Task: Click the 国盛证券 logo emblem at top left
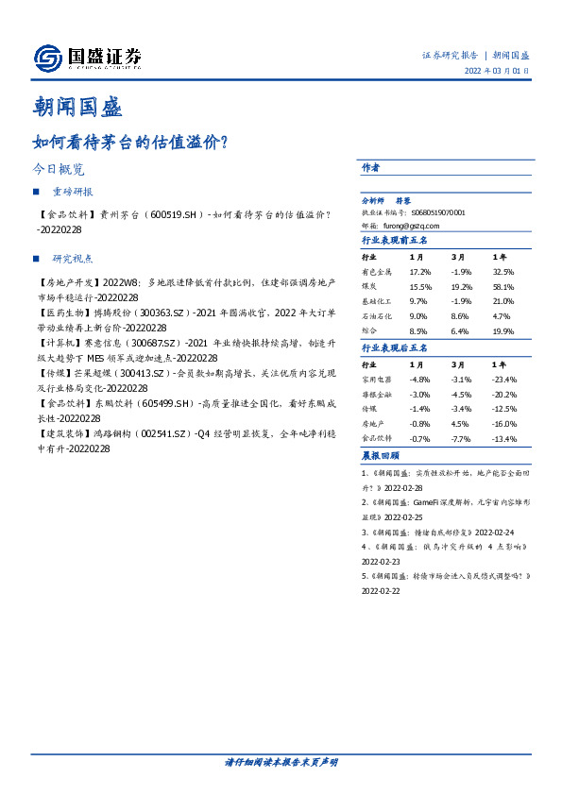(48, 59)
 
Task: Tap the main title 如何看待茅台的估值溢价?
(128, 143)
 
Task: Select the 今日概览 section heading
(59, 171)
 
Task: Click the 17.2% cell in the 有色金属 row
(420, 271)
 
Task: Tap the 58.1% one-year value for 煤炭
(502, 286)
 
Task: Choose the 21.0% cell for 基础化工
(502, 301)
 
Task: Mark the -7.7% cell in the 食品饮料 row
(461, 440)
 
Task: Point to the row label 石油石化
(377, 316)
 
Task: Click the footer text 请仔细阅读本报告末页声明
(281, 761)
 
